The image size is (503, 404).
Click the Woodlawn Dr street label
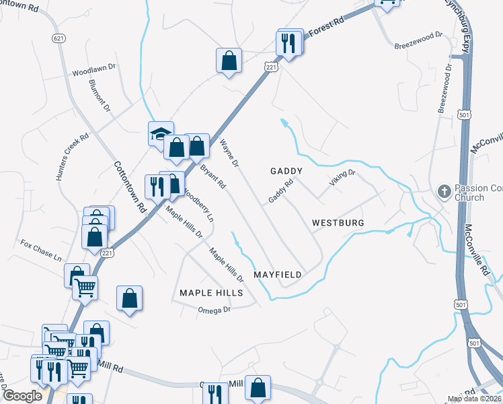tap(95, 70)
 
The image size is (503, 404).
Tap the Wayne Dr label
tap(230, 152)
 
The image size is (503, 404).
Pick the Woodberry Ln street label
tap(200, 204)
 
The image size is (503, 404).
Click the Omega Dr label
tap(215, 309)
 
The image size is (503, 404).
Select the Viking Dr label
tap(342, 178)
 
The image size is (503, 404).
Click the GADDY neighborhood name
tap(286, 171)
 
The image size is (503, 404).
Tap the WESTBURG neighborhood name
tap(338, 222)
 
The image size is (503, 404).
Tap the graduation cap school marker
tap(161, 133)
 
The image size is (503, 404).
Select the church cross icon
tap(444, 192)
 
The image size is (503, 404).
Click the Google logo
tap(22, 396)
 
